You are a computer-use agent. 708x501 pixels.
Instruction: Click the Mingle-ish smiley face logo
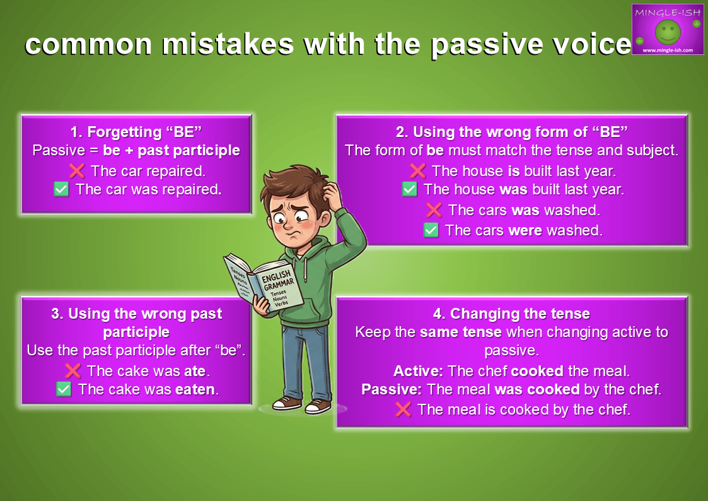click(x=668, y=32)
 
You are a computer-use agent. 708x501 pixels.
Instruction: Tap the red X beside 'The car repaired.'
click(x=77, y=171)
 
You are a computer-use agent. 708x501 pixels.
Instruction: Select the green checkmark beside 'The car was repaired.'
click(x=61, y=189)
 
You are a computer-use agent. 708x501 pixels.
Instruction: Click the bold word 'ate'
click(x=195, y=371)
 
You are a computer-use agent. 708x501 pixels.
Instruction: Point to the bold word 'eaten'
click(x=195, y=389)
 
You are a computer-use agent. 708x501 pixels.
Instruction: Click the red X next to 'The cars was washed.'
click(x=434, y=210)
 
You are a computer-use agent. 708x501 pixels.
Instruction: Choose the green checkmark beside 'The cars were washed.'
click(x=431, y=230)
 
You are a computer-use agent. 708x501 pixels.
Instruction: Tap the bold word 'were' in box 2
click(x=525, y=230)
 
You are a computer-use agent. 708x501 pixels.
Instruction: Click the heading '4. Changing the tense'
click(x=511, y=314)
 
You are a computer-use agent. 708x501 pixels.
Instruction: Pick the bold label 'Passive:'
click(x=392, y=389)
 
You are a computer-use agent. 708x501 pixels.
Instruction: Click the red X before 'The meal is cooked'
click(x=403, y=410)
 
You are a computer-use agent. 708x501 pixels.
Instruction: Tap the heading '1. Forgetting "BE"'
click(x=136, y=131)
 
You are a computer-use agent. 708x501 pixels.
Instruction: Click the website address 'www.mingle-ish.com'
click(x=668, y=50)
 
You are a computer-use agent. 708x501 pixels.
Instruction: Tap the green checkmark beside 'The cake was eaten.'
click(x=64, y=389)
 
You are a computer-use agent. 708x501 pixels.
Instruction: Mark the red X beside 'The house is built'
click(x=417, y=171)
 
